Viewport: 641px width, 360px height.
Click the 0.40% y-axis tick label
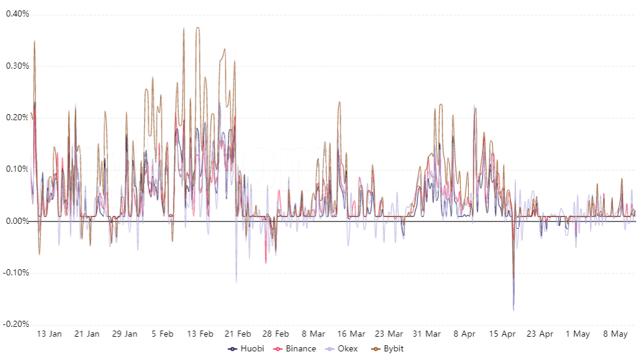(x=17, y=13)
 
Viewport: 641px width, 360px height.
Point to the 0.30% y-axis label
(x=17, y=66)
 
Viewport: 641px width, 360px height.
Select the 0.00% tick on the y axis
(x=17, y=221)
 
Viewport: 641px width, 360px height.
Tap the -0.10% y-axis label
(x=17, y=273)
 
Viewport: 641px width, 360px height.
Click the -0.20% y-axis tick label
(x=17, y=324)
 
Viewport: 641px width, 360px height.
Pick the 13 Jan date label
(x=50, y=334)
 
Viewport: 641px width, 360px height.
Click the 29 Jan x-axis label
(x=124, y=334)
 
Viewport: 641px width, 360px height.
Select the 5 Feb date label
(x=162, y=334)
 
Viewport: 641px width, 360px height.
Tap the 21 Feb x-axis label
(x=238, y=334)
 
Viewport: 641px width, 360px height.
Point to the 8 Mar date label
(x=313, y=334)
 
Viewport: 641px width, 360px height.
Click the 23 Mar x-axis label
(x=389, y=334)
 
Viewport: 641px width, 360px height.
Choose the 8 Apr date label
(x=465, y=334)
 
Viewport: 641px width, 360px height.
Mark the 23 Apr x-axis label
(x=540, y=334)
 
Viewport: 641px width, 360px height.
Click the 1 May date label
(x=577, y=334)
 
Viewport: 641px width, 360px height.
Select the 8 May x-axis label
(x=615, y=334)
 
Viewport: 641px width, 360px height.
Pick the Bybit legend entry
(x=387, y=349)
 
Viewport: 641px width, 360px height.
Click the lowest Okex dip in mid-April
(x=513, y=310)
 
